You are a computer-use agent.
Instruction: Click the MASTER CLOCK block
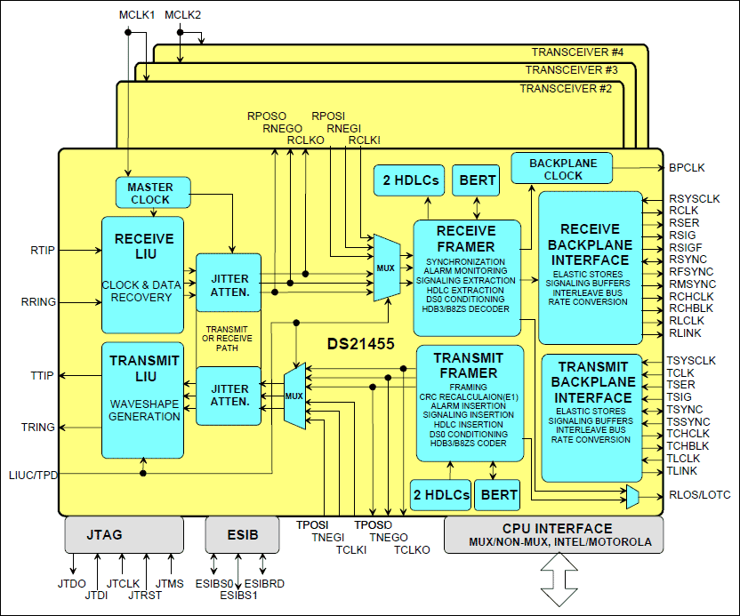pos(150,193)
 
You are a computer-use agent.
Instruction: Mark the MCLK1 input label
pos(137,15)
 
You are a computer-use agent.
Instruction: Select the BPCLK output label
pos(686,167)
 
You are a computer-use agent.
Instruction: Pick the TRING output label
pos(38,428)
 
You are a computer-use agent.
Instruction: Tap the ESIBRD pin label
pos(263,583)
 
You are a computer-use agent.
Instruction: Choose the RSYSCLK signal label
pos(695,198)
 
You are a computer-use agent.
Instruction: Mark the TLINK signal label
pos(682,471)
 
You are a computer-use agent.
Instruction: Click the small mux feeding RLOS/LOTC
pos(632,496)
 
